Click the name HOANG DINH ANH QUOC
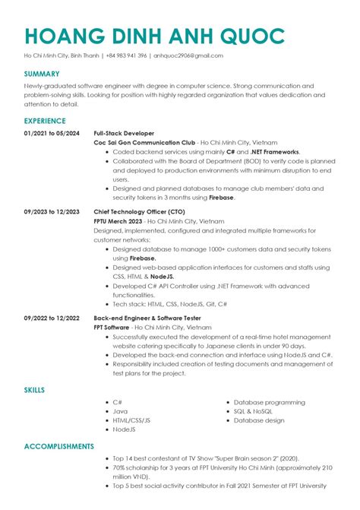pos(154,36)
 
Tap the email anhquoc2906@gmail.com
pos(188,55)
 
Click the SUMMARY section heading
pos(41,74)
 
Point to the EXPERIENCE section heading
pos(45,121)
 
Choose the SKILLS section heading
pos(34,390)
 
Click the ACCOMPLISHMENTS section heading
pos(58,446)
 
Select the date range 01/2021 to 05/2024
pos(52,132)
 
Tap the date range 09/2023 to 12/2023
pos(52,211)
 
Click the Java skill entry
pos(120,410)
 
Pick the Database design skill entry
pos(259,420)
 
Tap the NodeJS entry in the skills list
pos(124,429)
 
